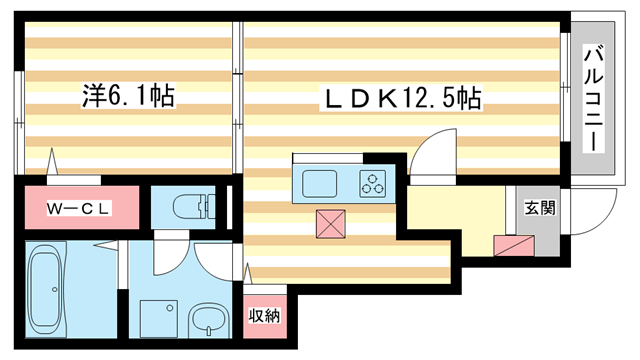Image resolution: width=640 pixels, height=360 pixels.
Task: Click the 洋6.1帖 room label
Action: click(x=128, y=97)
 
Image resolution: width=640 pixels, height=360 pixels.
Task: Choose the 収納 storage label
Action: click(x=265, y=315)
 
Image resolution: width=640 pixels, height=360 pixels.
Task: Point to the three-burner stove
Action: click(x=374, y=184)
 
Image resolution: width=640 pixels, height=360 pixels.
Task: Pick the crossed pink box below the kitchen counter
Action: click(x=330, y=224)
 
